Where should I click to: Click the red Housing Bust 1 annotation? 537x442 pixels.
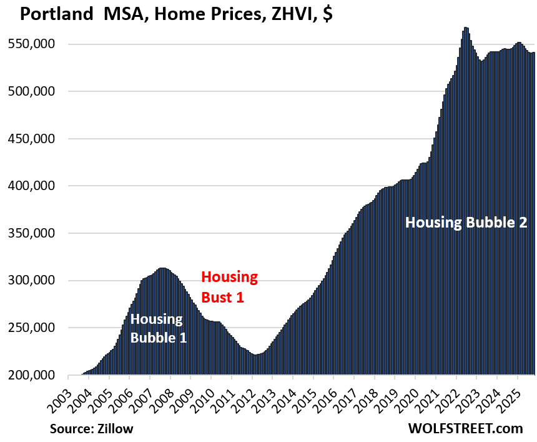pos(229,287)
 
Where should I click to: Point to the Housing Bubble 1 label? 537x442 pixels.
pos(157,329)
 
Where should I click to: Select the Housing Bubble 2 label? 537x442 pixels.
pos(466,223)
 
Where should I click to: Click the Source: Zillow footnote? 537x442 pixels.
pos(92,428)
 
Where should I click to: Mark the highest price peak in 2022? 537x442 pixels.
pos(466,28)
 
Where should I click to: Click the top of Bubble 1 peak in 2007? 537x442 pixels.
pos(162,268)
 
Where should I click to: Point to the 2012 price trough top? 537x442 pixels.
pos(257,354)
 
